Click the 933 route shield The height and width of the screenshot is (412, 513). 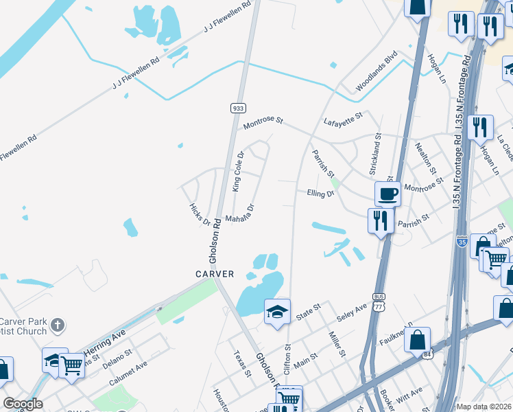[237, 108]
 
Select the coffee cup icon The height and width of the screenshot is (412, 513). [387, 193]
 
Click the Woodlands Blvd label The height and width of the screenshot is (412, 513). [377, 71]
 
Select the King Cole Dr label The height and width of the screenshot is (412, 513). [238, 172]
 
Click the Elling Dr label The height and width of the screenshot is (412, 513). [320, 194]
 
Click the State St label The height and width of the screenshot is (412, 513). [309, 312]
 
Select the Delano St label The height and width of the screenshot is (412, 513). [119, 357]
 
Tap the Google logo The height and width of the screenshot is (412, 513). [23, 404]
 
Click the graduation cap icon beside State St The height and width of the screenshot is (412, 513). [278, 312]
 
